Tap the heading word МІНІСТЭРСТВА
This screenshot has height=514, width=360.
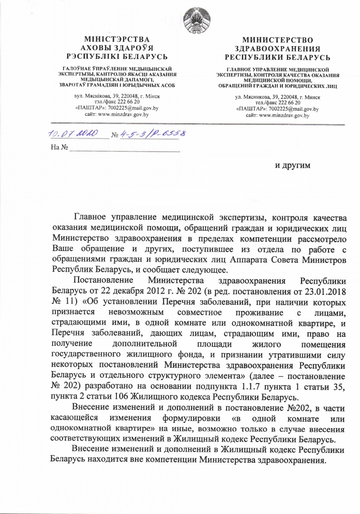pos(117,39)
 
